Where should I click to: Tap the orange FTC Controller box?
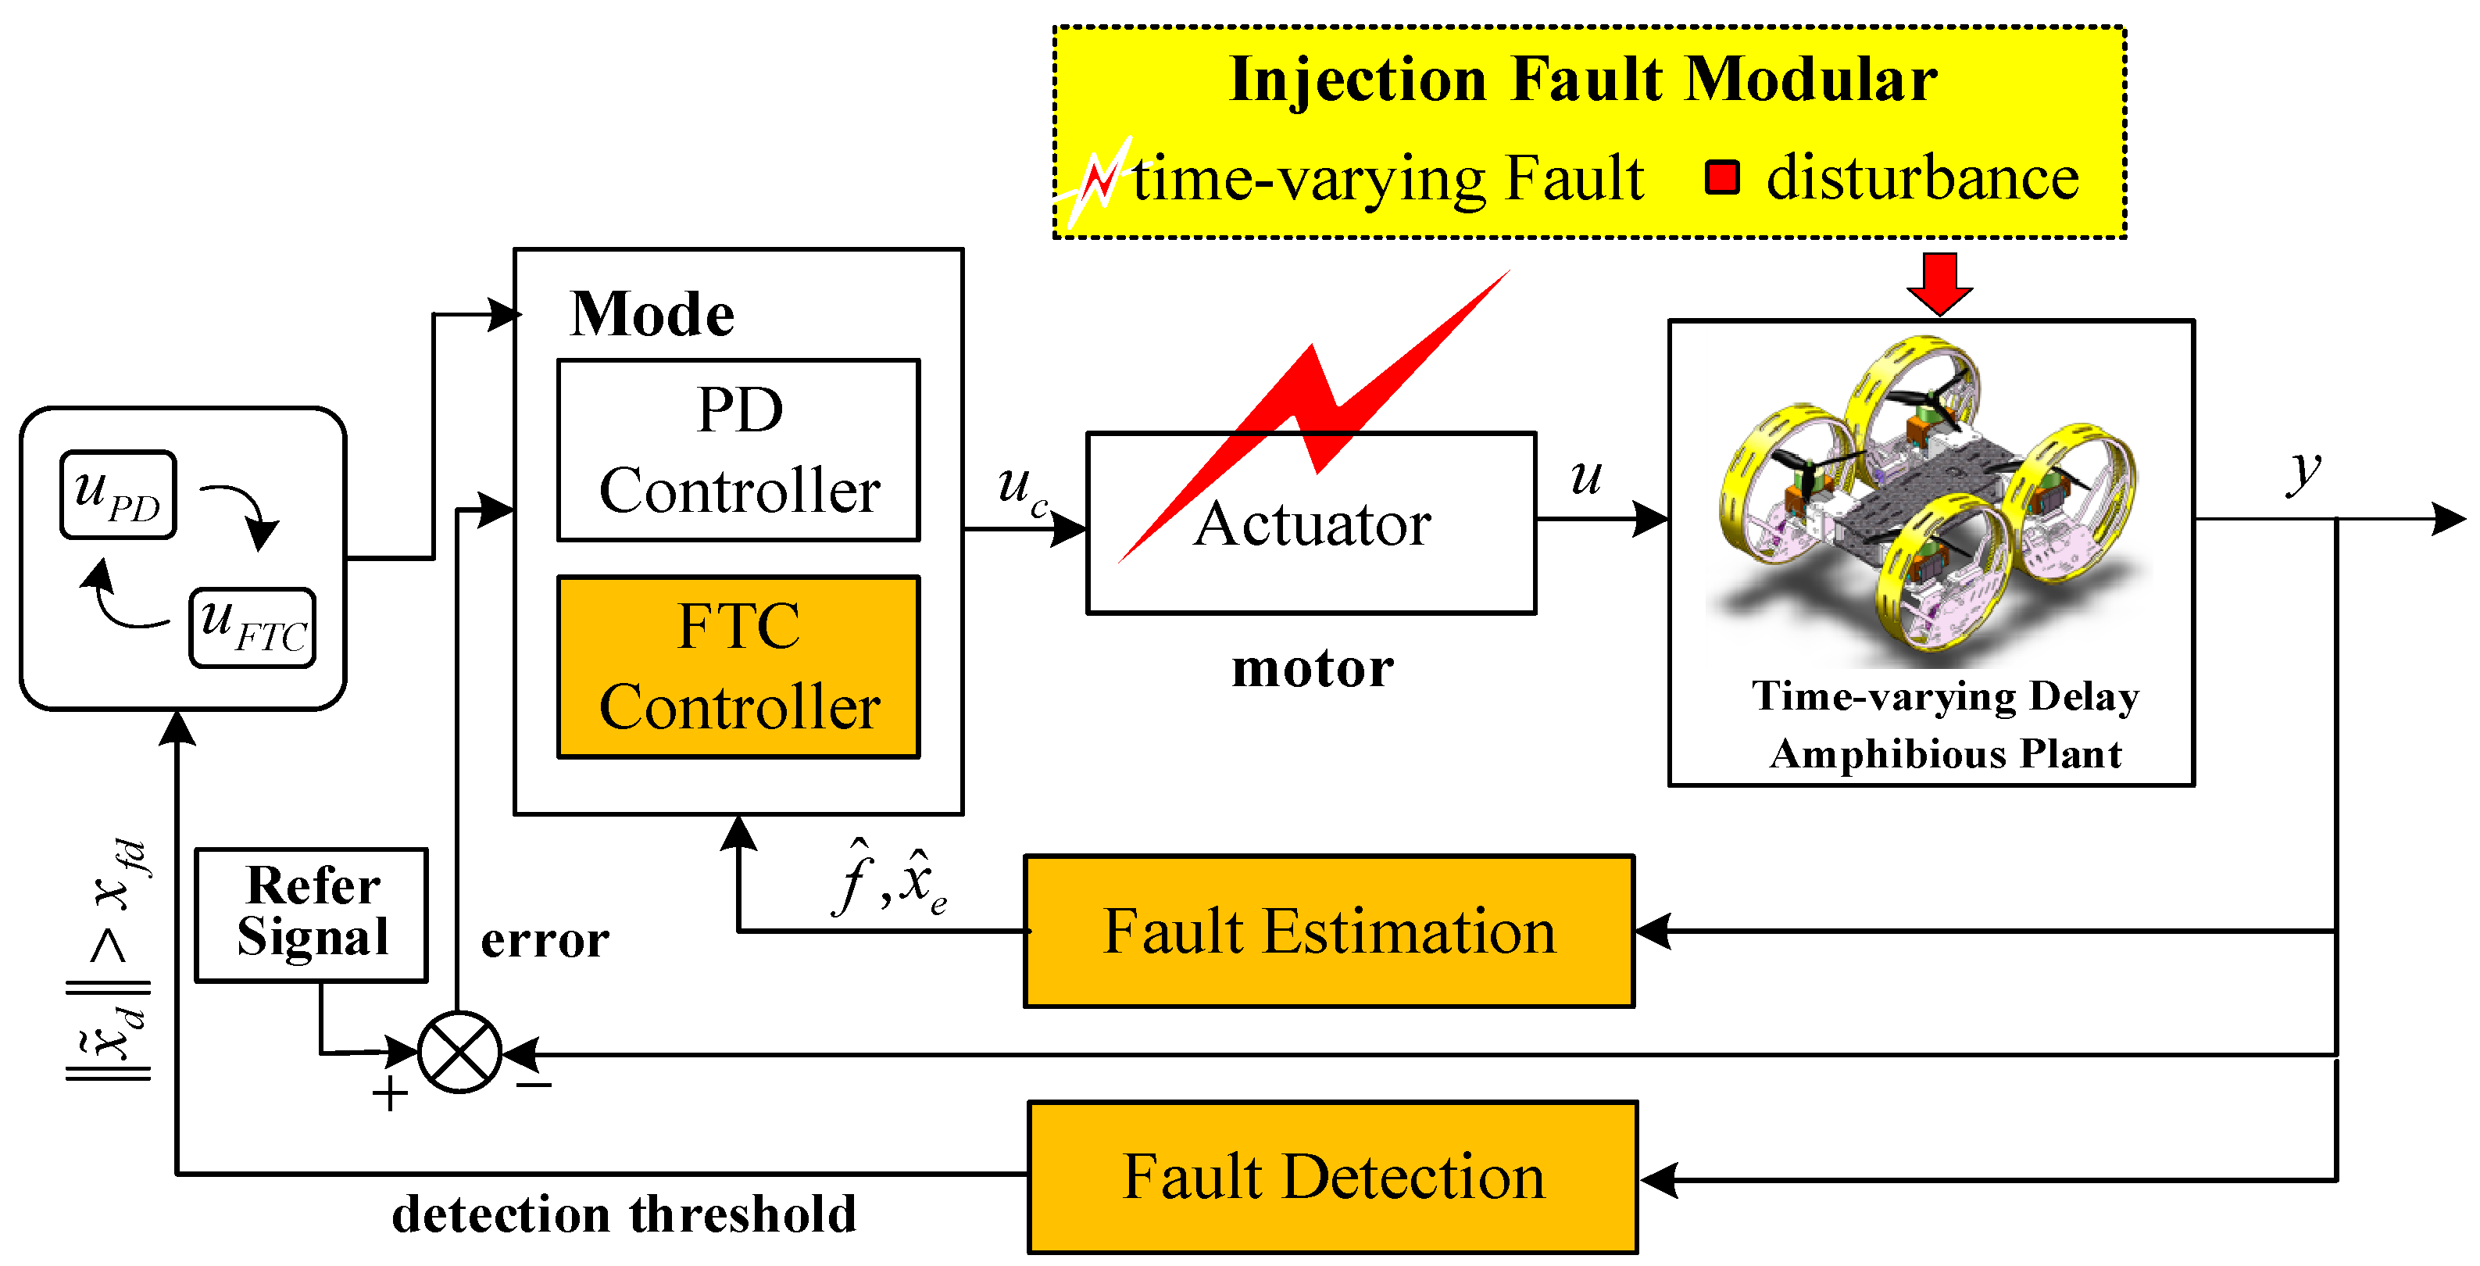738,667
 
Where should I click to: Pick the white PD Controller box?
738,449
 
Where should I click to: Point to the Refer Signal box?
311,914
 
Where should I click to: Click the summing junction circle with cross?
459,1053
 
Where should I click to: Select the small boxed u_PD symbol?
117,494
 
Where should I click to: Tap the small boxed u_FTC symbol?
252,627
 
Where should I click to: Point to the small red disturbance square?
1721,177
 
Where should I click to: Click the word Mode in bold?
652,314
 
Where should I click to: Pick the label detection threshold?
624,1214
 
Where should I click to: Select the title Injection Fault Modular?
1584,79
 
